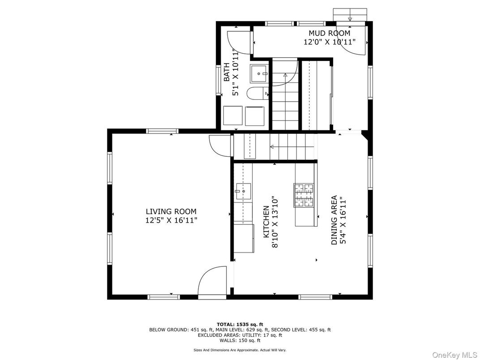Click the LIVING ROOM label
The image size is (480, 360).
171,211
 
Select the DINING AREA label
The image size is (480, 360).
334,220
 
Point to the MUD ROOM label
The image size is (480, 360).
329,33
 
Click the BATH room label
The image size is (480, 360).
227,72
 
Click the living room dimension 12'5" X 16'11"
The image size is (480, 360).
171,220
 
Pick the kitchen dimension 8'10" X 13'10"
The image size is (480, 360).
274,222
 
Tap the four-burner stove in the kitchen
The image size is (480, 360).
304,195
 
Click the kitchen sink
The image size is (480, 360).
243,191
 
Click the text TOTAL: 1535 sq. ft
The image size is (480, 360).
240,324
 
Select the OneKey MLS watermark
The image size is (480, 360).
454,355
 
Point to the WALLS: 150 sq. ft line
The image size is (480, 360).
240,340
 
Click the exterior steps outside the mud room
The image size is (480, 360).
349,14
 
